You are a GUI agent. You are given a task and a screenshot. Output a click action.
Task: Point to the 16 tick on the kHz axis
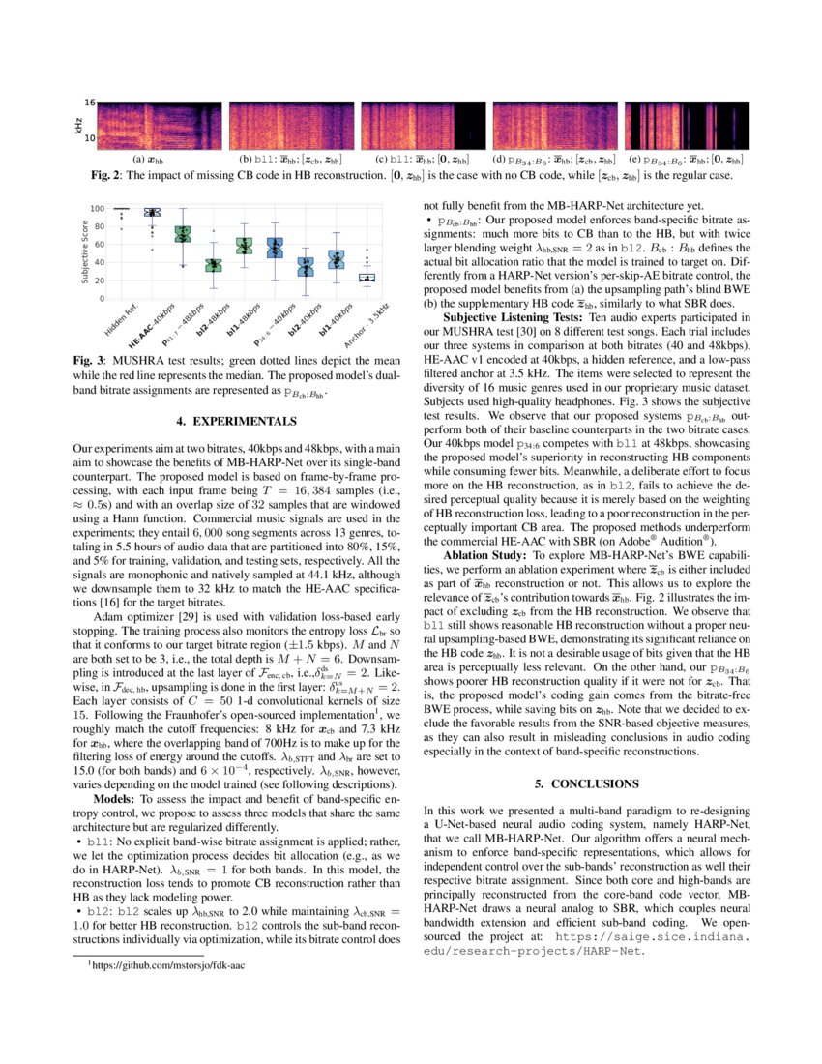pos(88,103)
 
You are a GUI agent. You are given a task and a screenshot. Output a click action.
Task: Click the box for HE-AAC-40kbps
pos(151,212)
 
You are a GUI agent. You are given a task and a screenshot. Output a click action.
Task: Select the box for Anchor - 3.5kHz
pos(367,277)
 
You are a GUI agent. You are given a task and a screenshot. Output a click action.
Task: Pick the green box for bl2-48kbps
pos(214,264)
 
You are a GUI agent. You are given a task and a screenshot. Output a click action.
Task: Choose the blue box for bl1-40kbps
pos(337,258)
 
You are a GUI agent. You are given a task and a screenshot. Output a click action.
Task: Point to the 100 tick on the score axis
pos(97,208)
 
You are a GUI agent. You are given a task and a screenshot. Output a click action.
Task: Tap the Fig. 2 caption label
pos(107,175)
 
